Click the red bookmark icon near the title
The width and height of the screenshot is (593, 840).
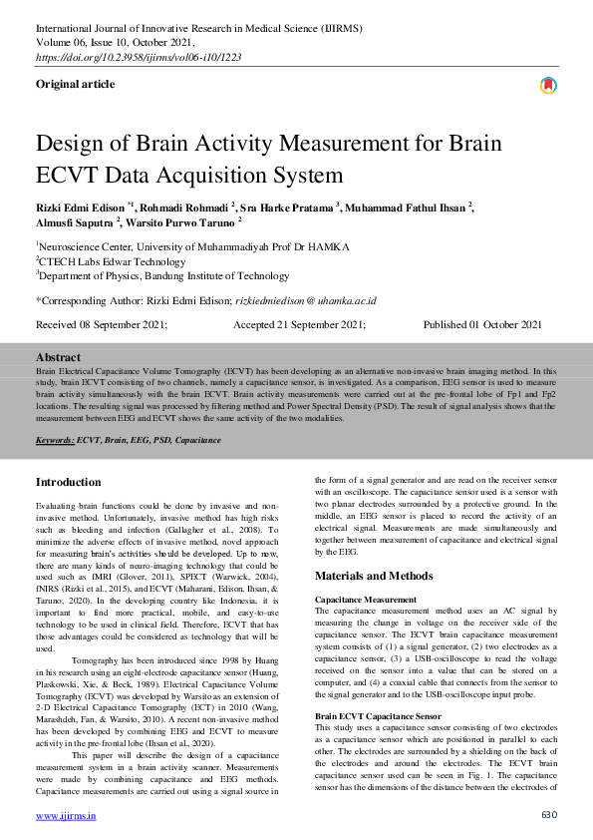[547, 87]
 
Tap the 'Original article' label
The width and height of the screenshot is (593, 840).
[75, 85]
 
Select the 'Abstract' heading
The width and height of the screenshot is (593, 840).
[58, 357]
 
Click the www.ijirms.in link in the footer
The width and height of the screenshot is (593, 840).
[66, 815]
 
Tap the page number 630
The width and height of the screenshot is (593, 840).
[547, 815]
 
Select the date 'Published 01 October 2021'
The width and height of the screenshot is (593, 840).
[482, 325]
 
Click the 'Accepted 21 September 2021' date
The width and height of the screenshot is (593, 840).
[299, 325]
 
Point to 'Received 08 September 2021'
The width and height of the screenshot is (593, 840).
[102, 325]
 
